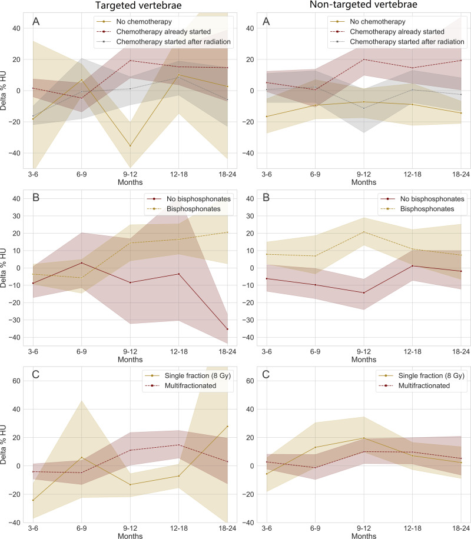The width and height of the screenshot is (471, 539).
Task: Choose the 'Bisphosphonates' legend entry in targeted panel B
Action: [186, 209]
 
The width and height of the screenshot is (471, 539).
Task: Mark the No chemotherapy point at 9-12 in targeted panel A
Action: [130, 146]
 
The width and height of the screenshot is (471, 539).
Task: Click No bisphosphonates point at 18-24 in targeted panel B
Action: [227, 329]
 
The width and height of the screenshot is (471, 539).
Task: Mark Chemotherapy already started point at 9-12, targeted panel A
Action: [130, 61]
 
